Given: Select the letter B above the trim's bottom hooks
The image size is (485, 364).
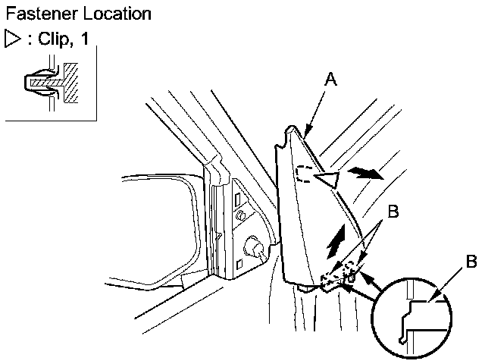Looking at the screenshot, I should [x=392, y=212].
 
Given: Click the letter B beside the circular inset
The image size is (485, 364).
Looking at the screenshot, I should [x=471, y=263].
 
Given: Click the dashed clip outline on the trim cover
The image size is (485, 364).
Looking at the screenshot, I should [x=303, y=175].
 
